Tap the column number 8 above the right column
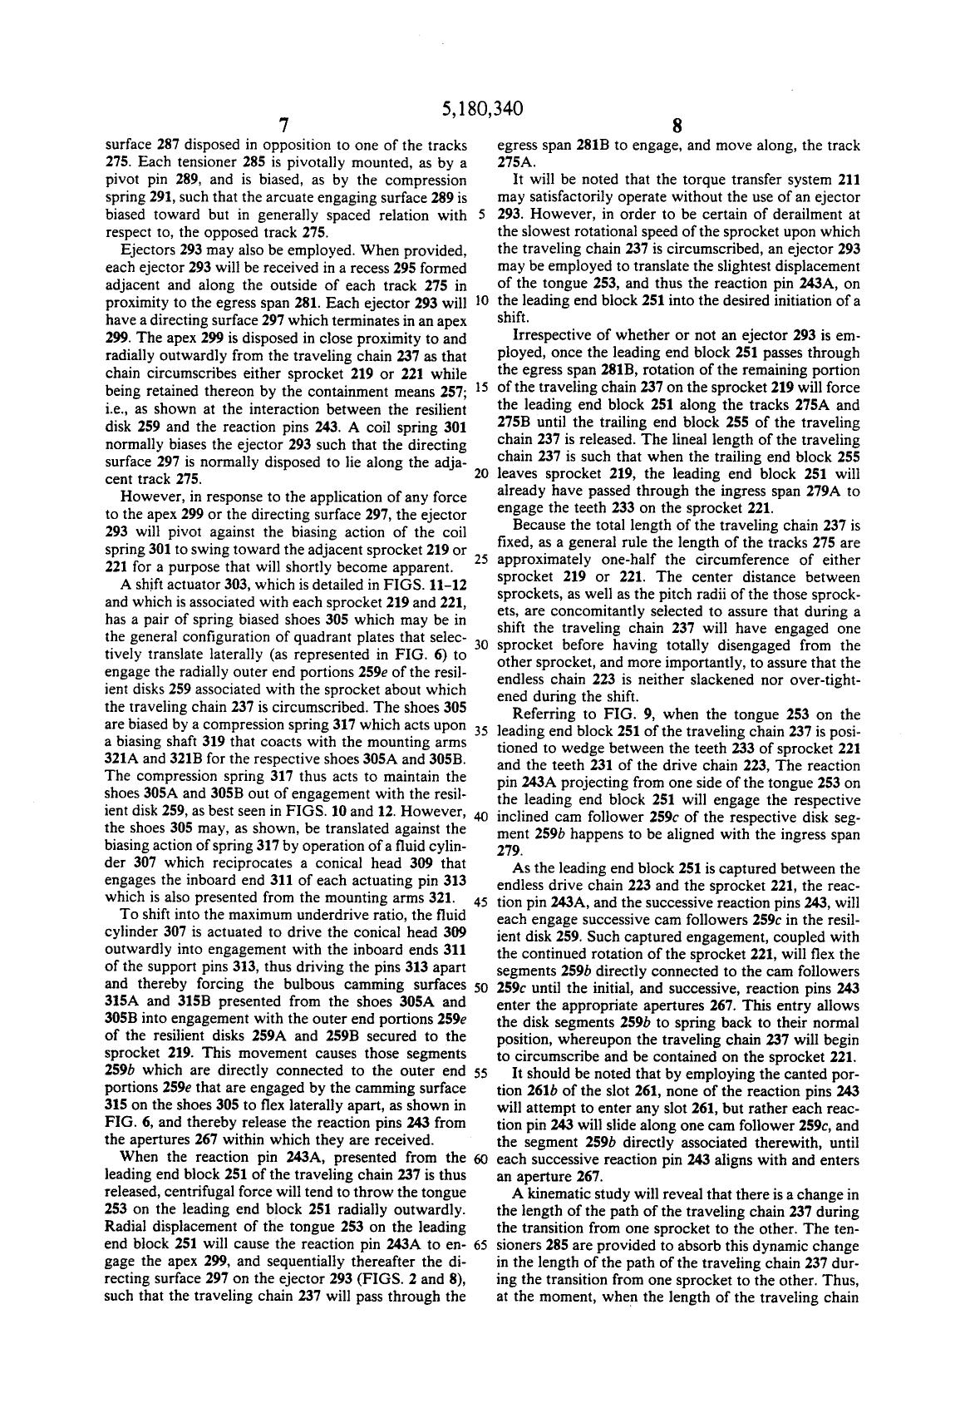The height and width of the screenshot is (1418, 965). pos(677,126)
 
